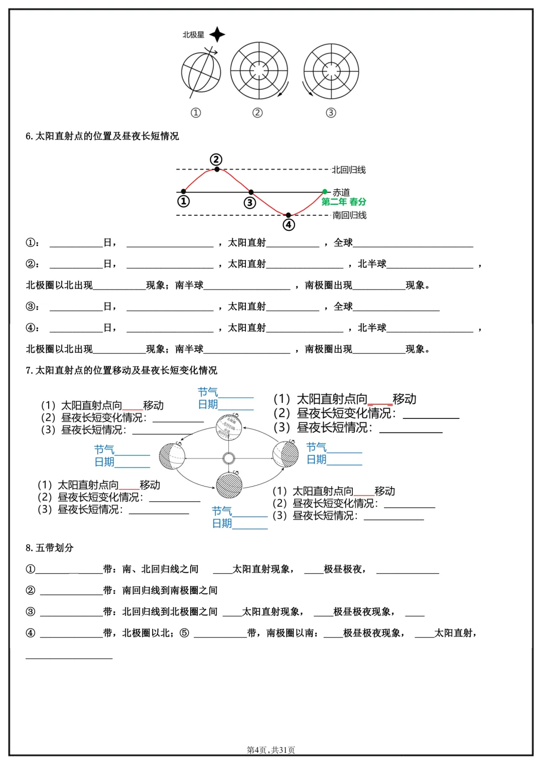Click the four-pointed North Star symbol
pos(217,35)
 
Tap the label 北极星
pos(193,35)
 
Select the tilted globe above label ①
pos(201,72)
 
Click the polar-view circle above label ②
pos(259,70)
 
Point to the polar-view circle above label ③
pos(331,71)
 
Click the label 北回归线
pos(349,170)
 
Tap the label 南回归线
pos(349,215)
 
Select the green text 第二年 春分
pos(344,202)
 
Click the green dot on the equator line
pos(325,192)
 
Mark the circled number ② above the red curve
pos(216,160)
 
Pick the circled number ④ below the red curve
pos(289,225)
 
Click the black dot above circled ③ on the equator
pos(251,192)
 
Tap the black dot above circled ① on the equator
pos(184,192)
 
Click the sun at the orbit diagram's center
pos(229,458)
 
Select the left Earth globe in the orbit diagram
pos(172,456)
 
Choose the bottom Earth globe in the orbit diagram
pos(229,485)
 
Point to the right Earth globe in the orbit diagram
pos(286,453)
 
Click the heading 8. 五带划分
pos(50,548)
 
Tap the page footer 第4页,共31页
pos(271,750)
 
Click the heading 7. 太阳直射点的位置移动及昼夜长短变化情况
pos(121,370)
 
